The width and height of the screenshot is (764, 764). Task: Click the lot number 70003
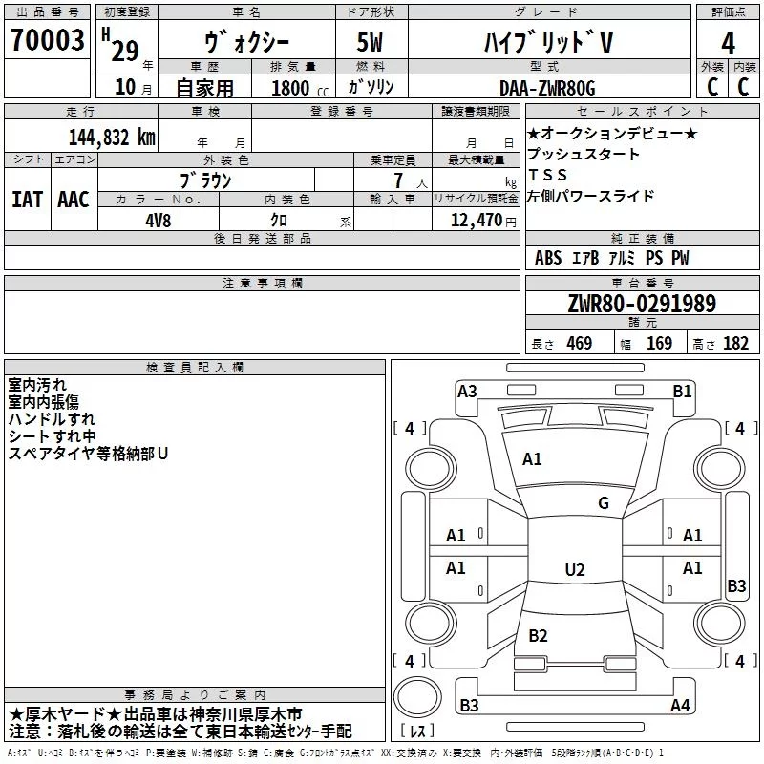[47, 40]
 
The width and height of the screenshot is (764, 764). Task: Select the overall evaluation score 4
[728, 44]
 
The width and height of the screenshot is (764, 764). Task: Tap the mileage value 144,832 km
[112, 138]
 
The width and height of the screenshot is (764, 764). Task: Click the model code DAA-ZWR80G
[547, 88]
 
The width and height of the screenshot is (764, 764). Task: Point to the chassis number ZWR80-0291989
[642, 304]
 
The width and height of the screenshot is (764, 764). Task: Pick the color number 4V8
[159, 221]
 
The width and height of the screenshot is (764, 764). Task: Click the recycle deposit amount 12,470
[477, 221]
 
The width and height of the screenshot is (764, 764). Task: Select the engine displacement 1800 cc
[300, 88]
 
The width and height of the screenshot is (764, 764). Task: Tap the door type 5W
[370, 42]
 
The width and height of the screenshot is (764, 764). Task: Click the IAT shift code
[27, 200]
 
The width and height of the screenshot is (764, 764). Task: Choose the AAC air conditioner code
[74, 200]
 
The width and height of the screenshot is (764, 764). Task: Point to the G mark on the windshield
[604, 503]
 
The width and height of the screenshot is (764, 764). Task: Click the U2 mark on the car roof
[575, 569]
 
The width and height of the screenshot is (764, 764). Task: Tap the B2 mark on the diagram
[538, 635]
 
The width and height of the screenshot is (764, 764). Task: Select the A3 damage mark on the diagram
[467, 392]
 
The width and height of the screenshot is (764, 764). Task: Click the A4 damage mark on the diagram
[680, 705]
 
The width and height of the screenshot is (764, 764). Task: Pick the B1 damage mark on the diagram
[682, 392]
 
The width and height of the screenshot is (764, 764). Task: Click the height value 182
[735, 343]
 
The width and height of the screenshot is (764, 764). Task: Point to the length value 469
[580, 343]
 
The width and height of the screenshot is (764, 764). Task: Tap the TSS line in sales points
[548, 175]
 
